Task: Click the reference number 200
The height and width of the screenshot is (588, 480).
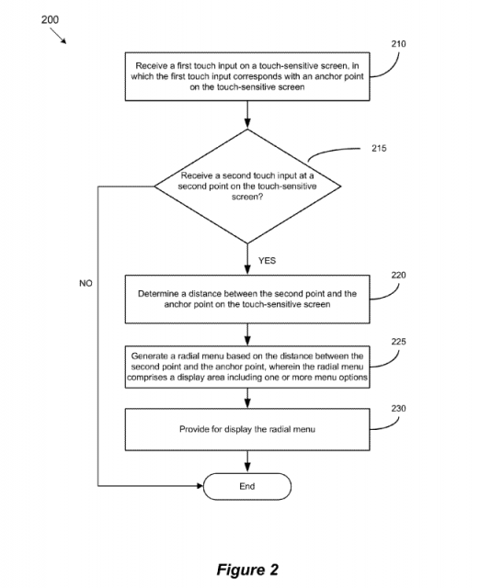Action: pyautogui.click(x=50, y=19)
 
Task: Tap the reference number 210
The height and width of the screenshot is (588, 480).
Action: pyautogui.click(x=398, y=44)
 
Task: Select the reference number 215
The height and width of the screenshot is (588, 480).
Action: pyautogui.click(x=379, y=148)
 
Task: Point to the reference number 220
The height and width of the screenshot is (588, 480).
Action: pyautogui.click(x=398, y=276)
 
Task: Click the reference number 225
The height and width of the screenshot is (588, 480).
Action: pyautogui.click(x=398, y=342)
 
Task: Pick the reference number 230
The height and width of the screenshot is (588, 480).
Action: pyautogui.click(x=398, y=408)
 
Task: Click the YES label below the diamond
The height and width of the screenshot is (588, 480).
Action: pyautogui.click(x=267, y=261)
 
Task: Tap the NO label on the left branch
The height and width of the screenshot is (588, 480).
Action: pyautogui.click(x=86, y=284)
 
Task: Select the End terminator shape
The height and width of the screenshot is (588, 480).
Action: pyautogui.click(x=247, y=486)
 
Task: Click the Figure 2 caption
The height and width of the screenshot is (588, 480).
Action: pyautogui.click(x=247, y=570)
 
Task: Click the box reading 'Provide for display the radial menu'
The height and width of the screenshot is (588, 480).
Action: pyautogui.click(x=247, y=429)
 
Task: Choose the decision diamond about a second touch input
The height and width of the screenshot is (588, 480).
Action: pyautogui.click(x=247, y=187)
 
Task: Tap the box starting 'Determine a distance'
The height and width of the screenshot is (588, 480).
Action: pyautogui.click(x=247, y=299)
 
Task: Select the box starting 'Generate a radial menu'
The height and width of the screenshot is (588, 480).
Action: pyautogui.click(x=247, y=367)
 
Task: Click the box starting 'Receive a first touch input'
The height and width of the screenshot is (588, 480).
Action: pyautogui.click(x=247, y=76)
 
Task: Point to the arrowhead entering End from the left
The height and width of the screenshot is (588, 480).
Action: pyautogui.click(x=200, y=486)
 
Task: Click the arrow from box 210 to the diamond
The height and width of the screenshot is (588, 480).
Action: pyautogui.click(x=247, y=115)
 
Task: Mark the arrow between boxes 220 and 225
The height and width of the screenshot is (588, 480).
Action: pyautogui.click(x=247, y=334)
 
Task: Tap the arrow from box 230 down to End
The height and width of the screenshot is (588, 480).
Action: pyautogui.click(x=247, y=461)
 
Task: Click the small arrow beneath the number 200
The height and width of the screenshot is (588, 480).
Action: pyautogui.click(x=58, y=36)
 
